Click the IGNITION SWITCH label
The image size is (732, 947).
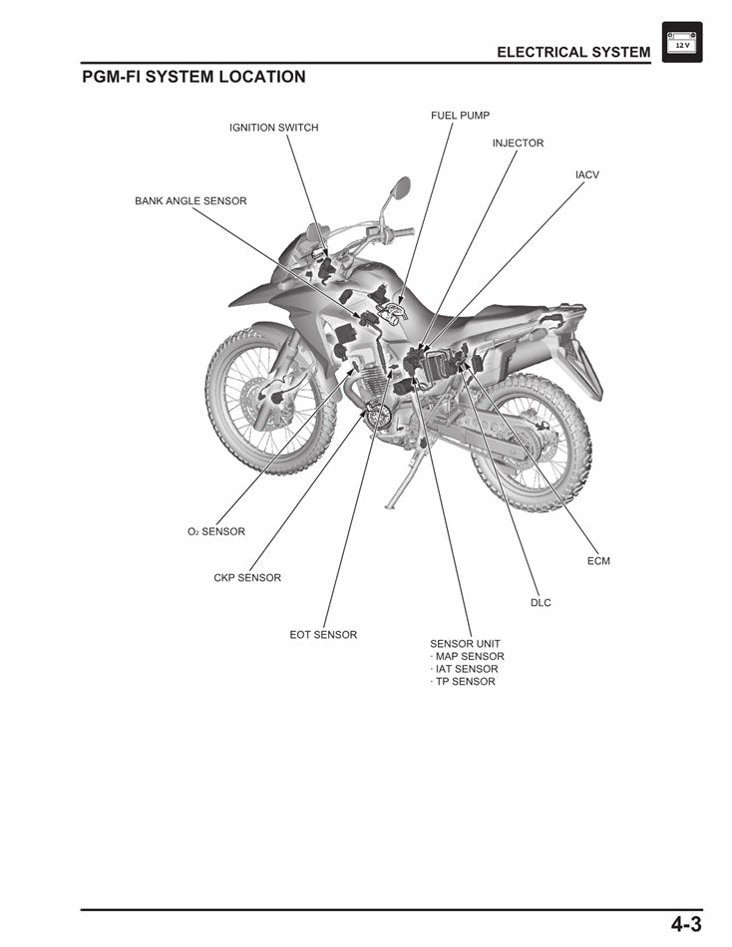coord(274,128)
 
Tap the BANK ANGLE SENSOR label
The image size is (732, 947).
coord(190,201)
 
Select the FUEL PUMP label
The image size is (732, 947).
coord(460,116)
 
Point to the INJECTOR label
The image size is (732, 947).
coord(518,144)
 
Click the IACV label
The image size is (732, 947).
coord(586,174)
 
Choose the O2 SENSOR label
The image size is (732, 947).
coord(215,532)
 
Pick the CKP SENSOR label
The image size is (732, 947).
coord(247,578)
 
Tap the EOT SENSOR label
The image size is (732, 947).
coord(323,635)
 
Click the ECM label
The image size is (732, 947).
coord(598,561)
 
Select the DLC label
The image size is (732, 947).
coord(541,603)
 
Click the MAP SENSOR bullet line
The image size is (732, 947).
coord(468,657)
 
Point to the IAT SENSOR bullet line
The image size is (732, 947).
coord(465,669)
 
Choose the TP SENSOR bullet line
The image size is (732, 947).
coord(464,682)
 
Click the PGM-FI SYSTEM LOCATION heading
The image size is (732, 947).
coord(193,77)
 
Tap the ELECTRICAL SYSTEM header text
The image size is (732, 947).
coord(573,51)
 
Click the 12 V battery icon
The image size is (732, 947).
coord(682,43)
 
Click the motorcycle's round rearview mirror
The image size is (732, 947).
coord(401,186)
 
